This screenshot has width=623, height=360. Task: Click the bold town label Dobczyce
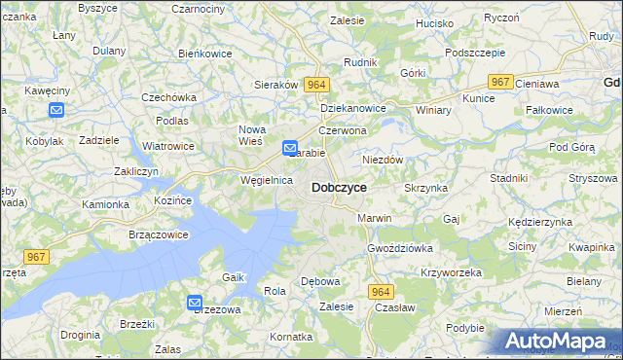coord(339,187)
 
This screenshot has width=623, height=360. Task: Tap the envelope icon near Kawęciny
coord(56,110)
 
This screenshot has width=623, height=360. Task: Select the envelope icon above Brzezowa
coord(195,304)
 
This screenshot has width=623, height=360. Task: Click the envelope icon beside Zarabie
coord(290,148)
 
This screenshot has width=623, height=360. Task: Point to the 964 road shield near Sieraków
coord(314,86)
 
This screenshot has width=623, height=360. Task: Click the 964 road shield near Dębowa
coord(381,292)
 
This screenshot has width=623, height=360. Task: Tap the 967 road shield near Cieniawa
coord(500,83)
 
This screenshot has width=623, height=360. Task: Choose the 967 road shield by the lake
coord(36,256)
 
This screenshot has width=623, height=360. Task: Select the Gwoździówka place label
coord(399,248)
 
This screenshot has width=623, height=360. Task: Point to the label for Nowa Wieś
coord(252,135)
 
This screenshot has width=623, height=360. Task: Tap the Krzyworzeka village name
coord(451,272)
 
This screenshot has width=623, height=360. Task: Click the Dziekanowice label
coord(353,108)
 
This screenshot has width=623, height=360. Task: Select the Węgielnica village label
coord(267,180)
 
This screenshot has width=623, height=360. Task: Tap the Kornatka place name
coord(292,336)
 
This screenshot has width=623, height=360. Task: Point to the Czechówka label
coord(169,97)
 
